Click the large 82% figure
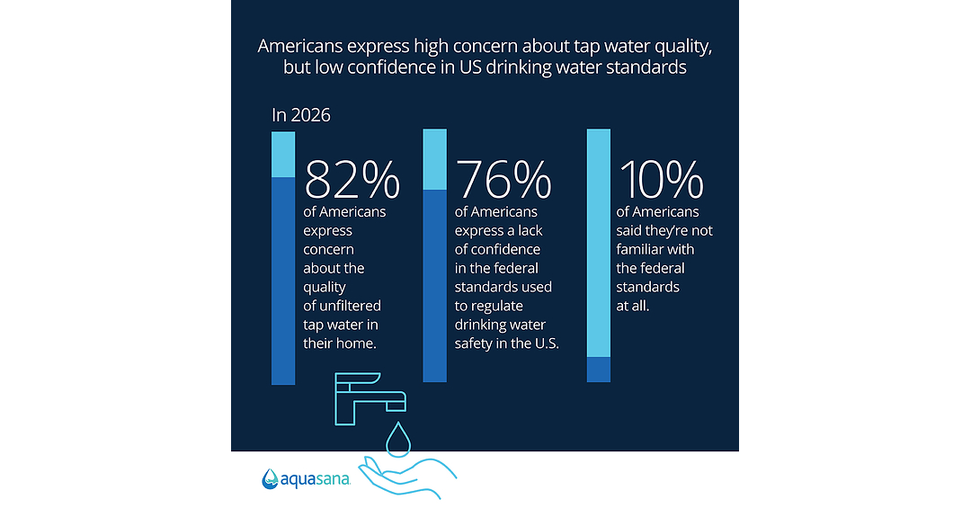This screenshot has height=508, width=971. tap(352, 180)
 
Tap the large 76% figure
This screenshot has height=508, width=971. tap(503, 180)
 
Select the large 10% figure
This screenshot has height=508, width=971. tap(662, 180)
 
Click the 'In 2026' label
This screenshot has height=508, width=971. tap(301, 115)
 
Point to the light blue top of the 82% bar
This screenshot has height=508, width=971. tap(283, 155)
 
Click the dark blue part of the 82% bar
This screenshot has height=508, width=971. tap(283, 281)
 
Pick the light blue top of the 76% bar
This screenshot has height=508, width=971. tap(435, 159)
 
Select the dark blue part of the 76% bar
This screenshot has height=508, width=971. tap(435, 286)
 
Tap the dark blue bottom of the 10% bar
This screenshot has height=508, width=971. tap(599, 370)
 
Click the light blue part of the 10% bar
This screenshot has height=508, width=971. tap(599, 243)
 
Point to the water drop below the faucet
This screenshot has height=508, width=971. tap(398, 440)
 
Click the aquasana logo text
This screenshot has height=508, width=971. tap(316, 480)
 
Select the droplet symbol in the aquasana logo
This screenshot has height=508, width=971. tap(270, 479)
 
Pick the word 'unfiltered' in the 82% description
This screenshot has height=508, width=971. tap(350, 306)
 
